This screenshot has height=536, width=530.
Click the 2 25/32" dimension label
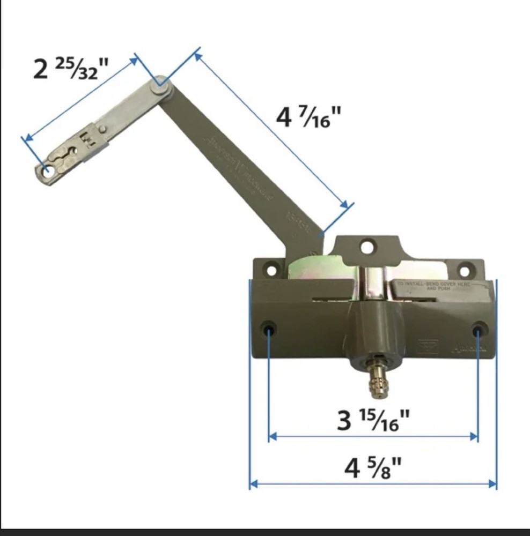click(70, 69)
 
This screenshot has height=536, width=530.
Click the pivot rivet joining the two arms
click(160, 86)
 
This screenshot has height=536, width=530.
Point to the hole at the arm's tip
click(48, 172)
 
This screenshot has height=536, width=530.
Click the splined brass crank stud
click(379, 379)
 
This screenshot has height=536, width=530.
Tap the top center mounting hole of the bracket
click(367, 247)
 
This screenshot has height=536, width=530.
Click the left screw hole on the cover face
click(268, 327)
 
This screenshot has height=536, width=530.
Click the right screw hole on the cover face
click(479, 327)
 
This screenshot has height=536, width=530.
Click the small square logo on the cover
click(428, 346)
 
